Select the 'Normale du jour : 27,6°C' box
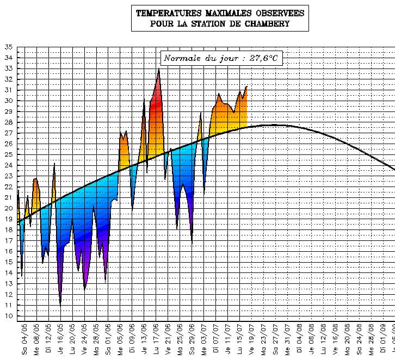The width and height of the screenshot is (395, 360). click(223, 58)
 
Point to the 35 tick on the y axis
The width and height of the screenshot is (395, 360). click(8, 47)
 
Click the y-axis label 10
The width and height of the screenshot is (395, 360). click(8, 316)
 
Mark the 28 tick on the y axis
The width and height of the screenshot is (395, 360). click(8, 122)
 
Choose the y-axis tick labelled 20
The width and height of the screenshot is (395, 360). click(8, 208)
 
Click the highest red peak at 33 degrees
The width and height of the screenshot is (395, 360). click(159, 70)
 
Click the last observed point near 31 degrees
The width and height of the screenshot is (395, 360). click(246, 86)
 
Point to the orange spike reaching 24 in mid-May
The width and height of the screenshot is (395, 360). click(54, 164)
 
